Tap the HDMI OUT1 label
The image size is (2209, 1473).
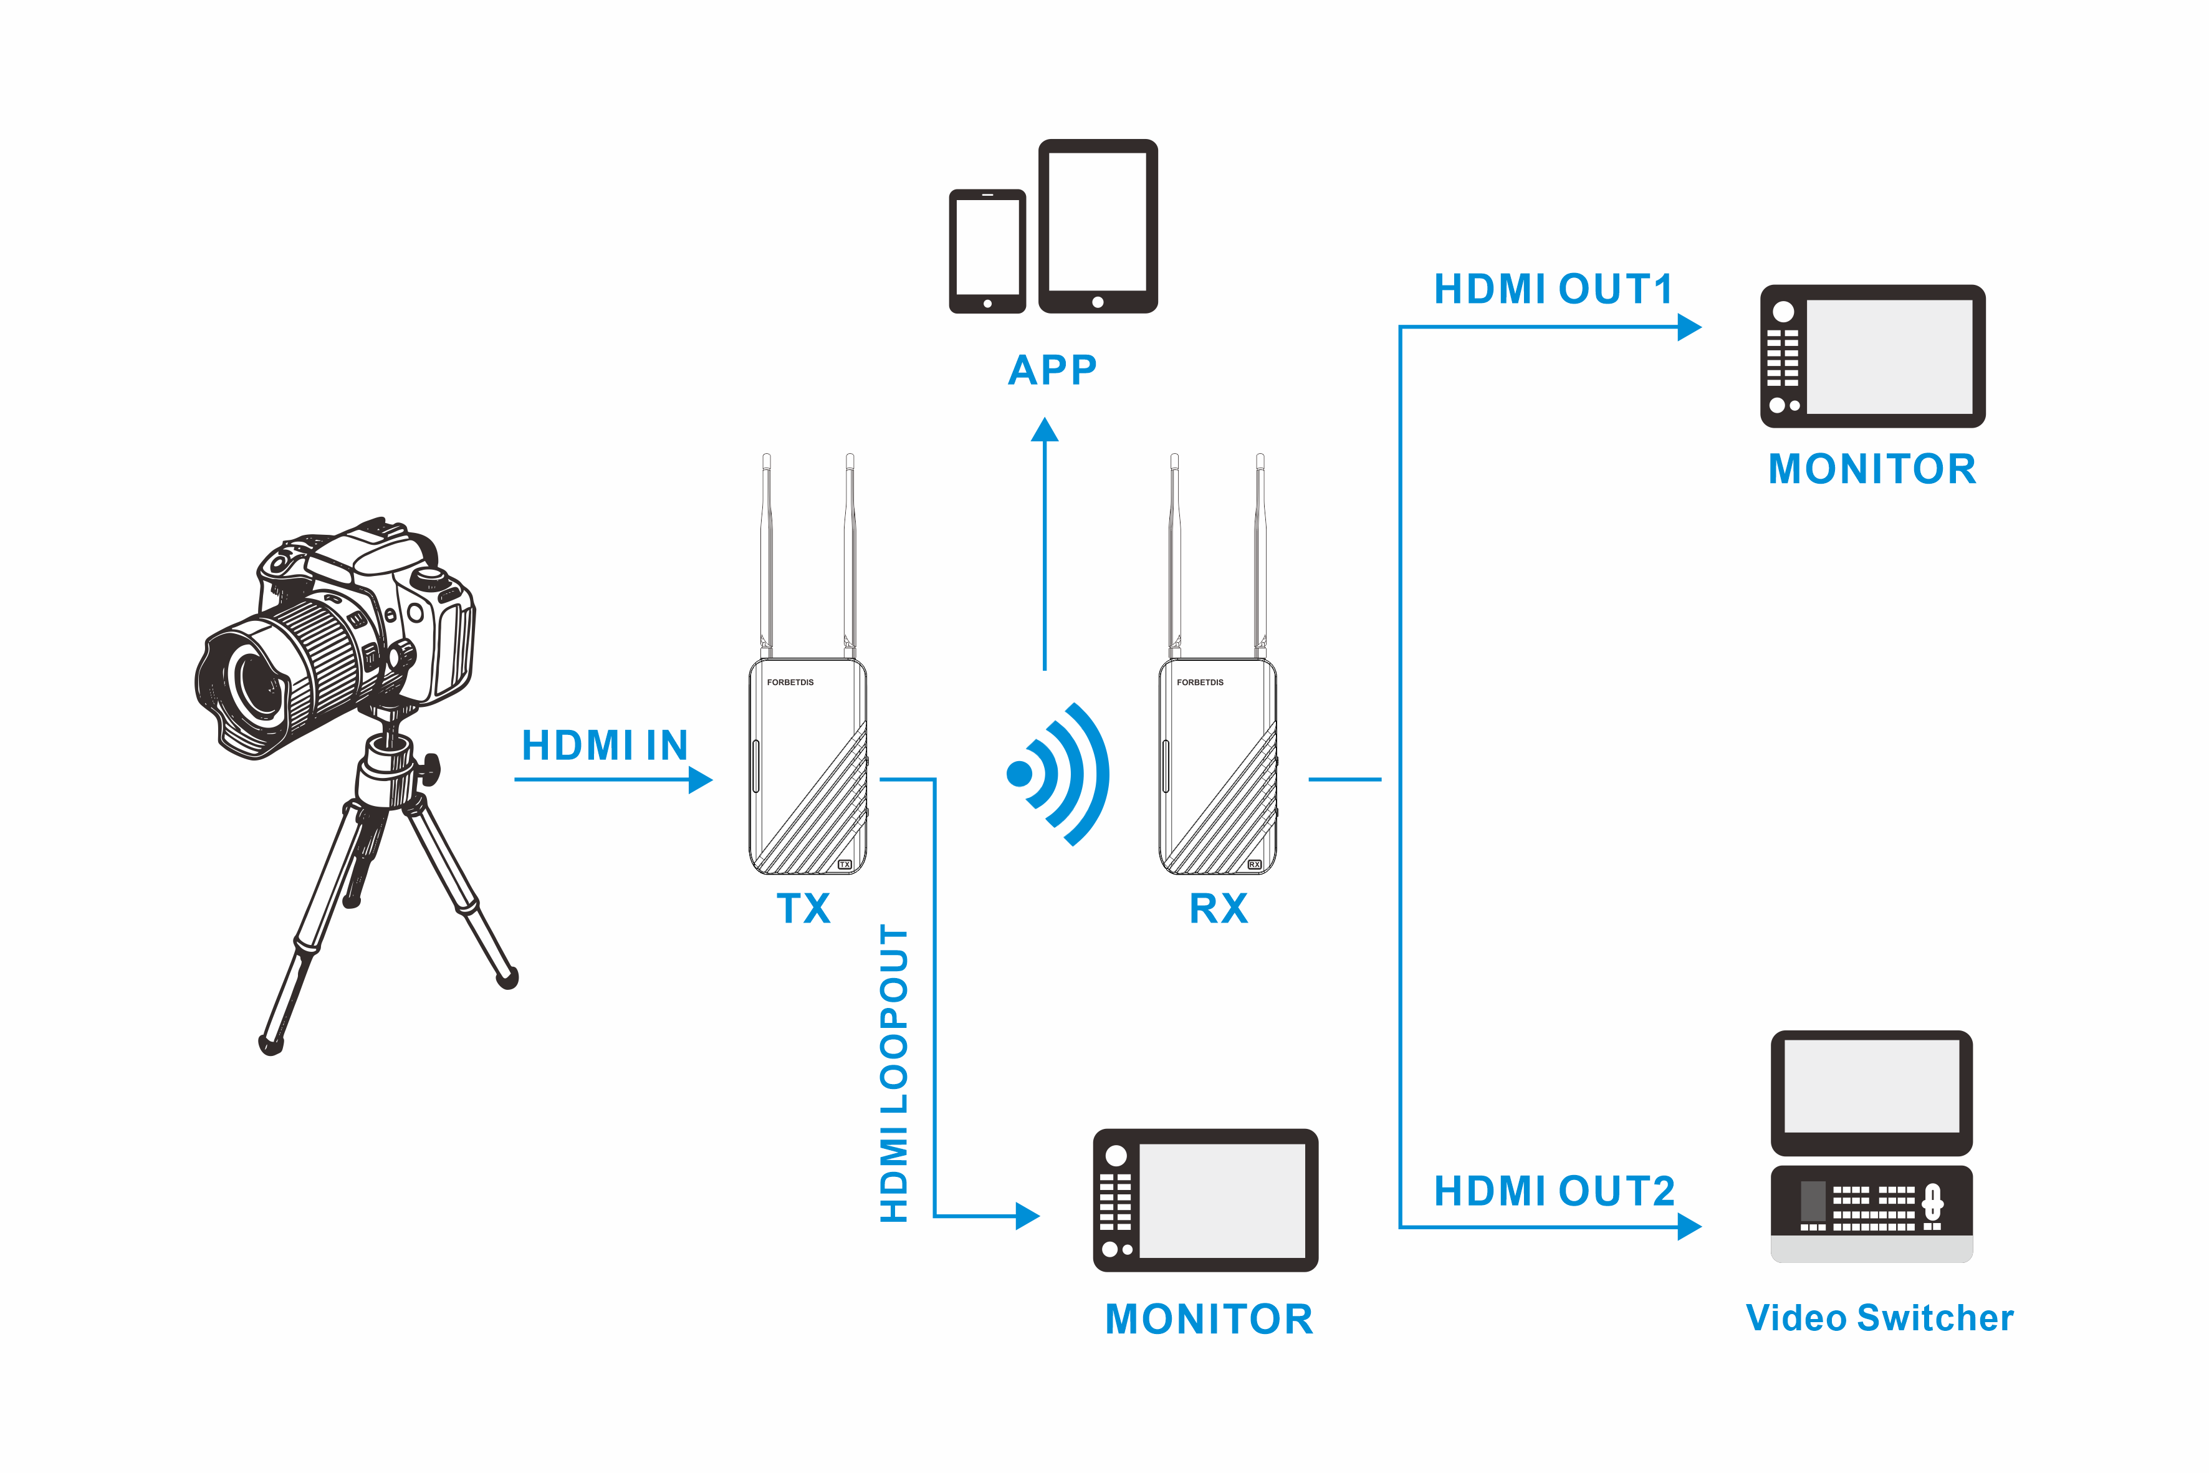1553,289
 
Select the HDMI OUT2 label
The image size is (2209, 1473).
1553,1191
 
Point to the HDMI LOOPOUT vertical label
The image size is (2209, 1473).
893,1074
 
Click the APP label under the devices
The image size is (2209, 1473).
1052,370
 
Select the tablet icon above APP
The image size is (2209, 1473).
1097,226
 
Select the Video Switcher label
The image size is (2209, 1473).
1879,1318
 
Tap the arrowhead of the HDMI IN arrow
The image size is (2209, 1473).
700,780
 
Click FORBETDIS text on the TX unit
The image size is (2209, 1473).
790,682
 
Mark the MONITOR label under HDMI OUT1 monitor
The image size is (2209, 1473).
1872,469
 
